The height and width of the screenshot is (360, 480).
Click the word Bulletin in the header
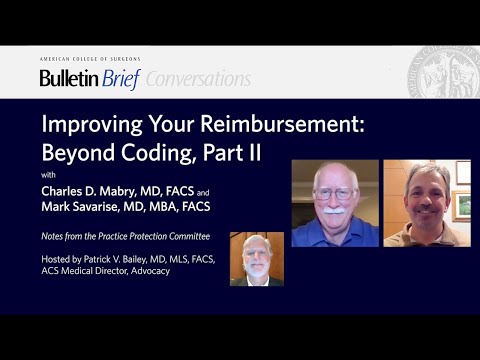[68, 79]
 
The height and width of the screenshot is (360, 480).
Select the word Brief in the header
[120, 79]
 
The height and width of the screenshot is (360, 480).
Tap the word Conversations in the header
[197, 79]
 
